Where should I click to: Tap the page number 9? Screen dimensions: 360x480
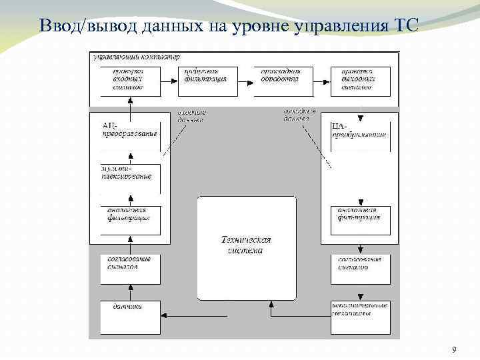pos(454,350)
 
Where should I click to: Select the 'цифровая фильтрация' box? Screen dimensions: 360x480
pos(207,81)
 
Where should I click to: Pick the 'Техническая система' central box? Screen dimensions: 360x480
pos(247,247)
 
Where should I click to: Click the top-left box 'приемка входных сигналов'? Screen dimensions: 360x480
pos(131,81)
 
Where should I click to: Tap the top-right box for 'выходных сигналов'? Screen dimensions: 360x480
pos(360,81)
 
